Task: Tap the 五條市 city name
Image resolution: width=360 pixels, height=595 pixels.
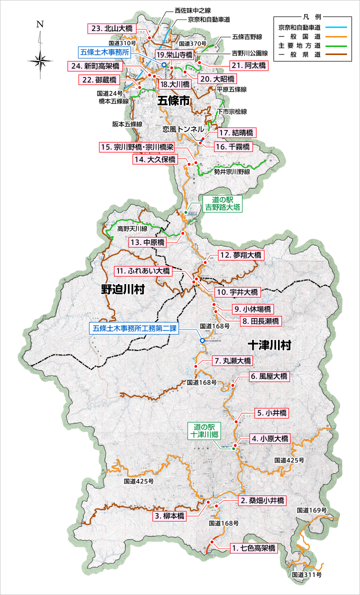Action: pyautogui.click(x=173, y=101)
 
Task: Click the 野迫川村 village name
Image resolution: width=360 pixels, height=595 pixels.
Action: pyautogui.click(x=122, y=289)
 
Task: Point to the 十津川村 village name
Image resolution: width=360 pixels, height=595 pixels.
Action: pyautogui.click(x=269, y=345)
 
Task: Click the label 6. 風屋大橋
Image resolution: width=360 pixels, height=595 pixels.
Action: pyautogui.click(x=268, y=376)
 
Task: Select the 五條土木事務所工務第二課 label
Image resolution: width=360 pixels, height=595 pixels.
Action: pyautogui.click(x=134, y=328)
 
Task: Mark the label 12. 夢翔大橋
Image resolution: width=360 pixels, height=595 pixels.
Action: pyautogui.click(x=240, y=255)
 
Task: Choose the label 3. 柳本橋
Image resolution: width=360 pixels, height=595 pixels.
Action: pyautogui.click(x=170, y=515)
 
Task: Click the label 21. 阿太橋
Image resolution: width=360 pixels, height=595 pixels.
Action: pyautogui.click(x=249, y=65)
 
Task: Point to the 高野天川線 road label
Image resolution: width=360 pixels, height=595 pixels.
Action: pyautogui.click(x=132, y=228)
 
